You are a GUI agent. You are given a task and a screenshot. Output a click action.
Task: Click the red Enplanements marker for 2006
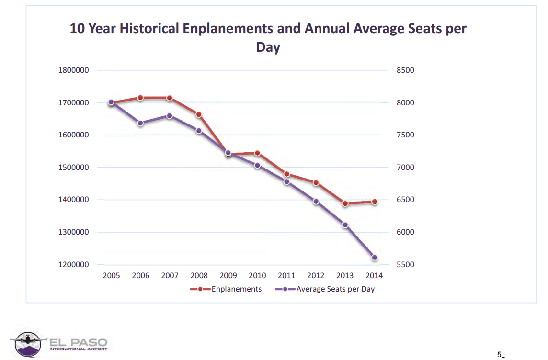(140, 98)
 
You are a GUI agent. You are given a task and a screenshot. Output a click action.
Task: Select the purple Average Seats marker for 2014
(375, 258)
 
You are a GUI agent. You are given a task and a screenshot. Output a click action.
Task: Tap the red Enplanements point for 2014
(375, 202)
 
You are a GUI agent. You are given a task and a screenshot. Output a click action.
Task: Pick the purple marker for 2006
(140, 123)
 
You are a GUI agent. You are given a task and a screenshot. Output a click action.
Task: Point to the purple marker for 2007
(170, 116)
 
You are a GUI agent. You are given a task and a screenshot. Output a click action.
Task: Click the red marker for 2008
(199, 114)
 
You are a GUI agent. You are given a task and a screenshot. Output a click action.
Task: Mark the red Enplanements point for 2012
(316, 183)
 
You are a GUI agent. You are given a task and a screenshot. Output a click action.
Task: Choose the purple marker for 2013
(345, 225)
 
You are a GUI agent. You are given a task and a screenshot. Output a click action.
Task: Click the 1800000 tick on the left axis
(73, 70)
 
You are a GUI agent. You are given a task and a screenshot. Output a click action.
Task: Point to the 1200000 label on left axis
(73, 265)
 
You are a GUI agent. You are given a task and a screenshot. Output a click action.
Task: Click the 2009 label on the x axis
(228, 276)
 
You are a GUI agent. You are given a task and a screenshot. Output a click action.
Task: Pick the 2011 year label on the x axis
(286, 276)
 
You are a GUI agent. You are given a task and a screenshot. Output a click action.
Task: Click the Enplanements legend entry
(226, 289)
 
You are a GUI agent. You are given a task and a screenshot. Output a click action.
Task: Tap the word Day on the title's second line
(268, 47)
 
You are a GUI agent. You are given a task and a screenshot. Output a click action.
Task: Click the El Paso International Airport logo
(59, 344)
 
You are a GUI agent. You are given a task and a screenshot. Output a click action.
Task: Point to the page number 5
(499, 355)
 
